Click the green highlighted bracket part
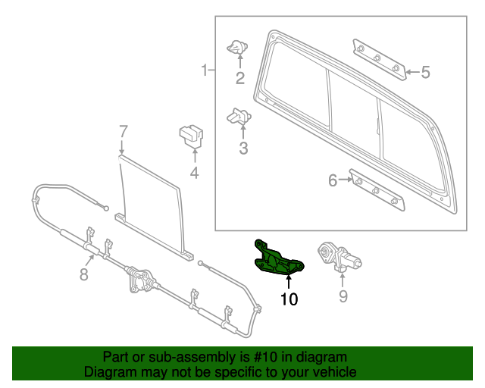click(x=277, y=258)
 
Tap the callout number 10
click(x=289, y=299)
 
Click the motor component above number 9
click(x=337, y=256)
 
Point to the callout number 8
click(x=84, y=274)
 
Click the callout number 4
click(x=194, y=174)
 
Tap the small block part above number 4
click(x=192, y=137)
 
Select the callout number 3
click(x=243, y=149)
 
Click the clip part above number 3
click(x=239, y=117)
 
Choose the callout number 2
click(x=240, y=78)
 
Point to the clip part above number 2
click(x=238, y=48)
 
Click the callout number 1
click(x=204, y=71)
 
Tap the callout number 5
click(x=425, y=73)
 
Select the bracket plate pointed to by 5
click(x=377, y=58)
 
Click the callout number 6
click(x=332, y=180)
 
